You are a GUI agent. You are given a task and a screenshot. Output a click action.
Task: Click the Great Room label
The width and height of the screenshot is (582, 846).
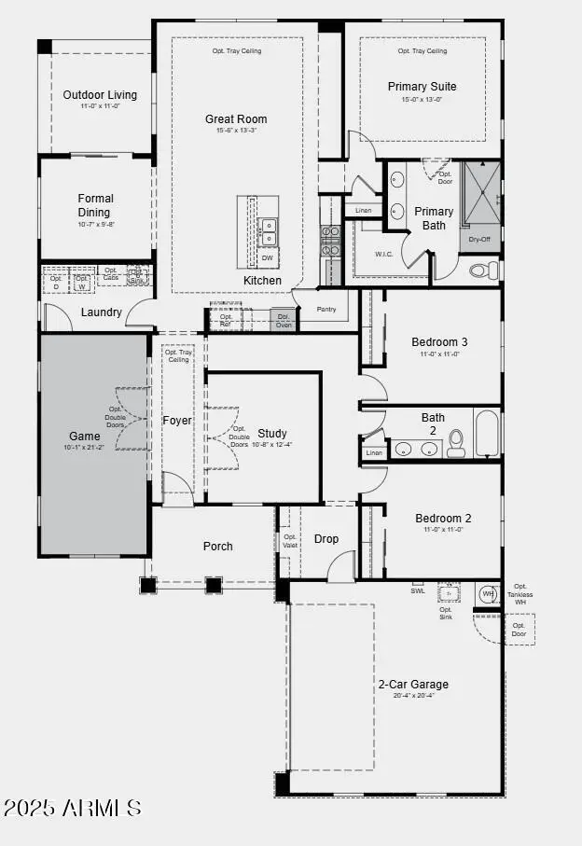point(236,119)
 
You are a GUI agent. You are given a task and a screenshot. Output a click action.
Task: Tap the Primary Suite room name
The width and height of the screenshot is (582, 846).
point(422,87)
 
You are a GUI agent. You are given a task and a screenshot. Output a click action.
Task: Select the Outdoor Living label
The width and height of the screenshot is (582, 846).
point(100,95)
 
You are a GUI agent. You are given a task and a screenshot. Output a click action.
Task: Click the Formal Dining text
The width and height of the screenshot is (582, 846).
point(95,205)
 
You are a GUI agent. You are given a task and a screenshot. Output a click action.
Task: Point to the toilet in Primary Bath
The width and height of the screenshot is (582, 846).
point(483,270)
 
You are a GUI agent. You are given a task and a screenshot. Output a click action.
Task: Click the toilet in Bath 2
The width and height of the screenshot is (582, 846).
point(456,443)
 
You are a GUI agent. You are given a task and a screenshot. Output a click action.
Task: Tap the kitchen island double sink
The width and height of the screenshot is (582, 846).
point(268,229)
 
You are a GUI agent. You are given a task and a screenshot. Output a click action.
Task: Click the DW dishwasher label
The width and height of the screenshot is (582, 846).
point(267,257)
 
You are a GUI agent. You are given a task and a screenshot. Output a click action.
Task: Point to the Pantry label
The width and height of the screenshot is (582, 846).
point(326,309)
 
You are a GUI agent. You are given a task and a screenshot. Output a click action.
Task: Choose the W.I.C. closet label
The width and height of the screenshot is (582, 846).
point(384,254)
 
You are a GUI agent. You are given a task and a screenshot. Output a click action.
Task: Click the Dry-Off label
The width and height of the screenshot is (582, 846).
point(479,240)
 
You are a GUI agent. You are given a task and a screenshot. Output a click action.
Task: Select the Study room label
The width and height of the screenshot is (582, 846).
point(272,434)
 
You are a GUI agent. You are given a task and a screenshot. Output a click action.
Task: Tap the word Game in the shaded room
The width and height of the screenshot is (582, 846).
point(85,437)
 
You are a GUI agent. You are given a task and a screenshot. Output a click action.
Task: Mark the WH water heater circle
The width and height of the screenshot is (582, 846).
point(486,593)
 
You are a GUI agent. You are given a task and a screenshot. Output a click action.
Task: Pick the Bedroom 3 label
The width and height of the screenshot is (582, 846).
point(439,342)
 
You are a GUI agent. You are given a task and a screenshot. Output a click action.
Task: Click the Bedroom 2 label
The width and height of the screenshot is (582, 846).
point(443,519)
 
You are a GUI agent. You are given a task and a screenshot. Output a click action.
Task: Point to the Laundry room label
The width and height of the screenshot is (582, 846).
point(101,312)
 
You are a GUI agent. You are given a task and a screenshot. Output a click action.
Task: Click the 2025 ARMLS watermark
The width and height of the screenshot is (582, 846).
point(73,808)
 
